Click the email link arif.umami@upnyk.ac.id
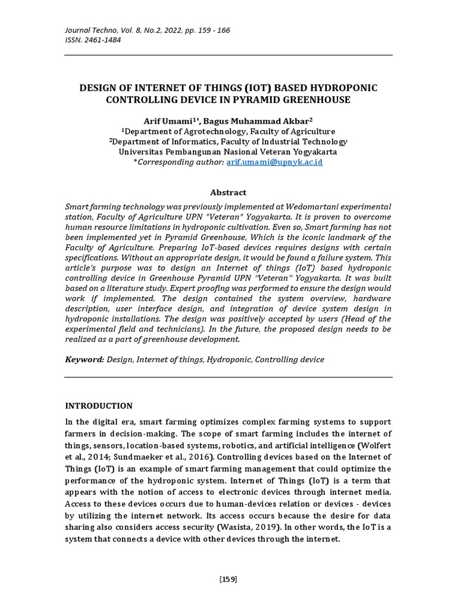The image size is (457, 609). (274, 162)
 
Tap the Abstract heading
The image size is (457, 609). (228, 192)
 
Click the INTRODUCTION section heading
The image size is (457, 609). (98, 406)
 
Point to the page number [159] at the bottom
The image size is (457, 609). (228, 579)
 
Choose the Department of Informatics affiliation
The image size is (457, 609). (230, 142)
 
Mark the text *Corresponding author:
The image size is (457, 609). (179, 162)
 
